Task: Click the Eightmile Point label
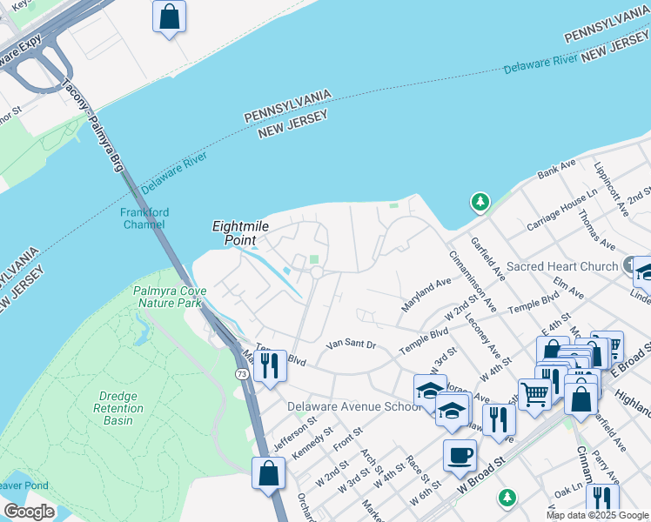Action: (x=240, y=232)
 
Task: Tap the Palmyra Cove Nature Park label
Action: (x=168, y=297)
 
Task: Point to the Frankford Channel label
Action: (x=145, y=218)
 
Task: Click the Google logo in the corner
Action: (x=29, y=512)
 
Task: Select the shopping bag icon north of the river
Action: (x=169, y=16)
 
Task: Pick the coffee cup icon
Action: (x=459, y=455)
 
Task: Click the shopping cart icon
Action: (x=534, y=395)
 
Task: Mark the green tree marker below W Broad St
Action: (x=507, y=498)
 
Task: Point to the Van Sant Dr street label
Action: (x=351, y=345)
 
